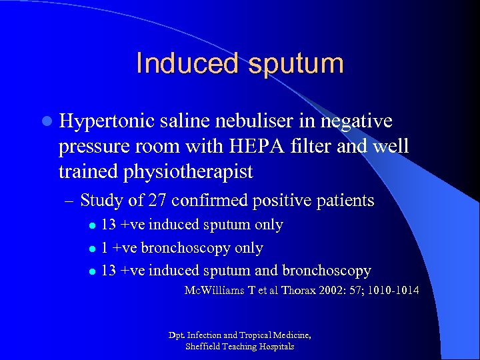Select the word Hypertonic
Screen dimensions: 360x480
pos(105,121)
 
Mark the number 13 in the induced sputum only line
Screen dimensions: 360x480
pos(109,225)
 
